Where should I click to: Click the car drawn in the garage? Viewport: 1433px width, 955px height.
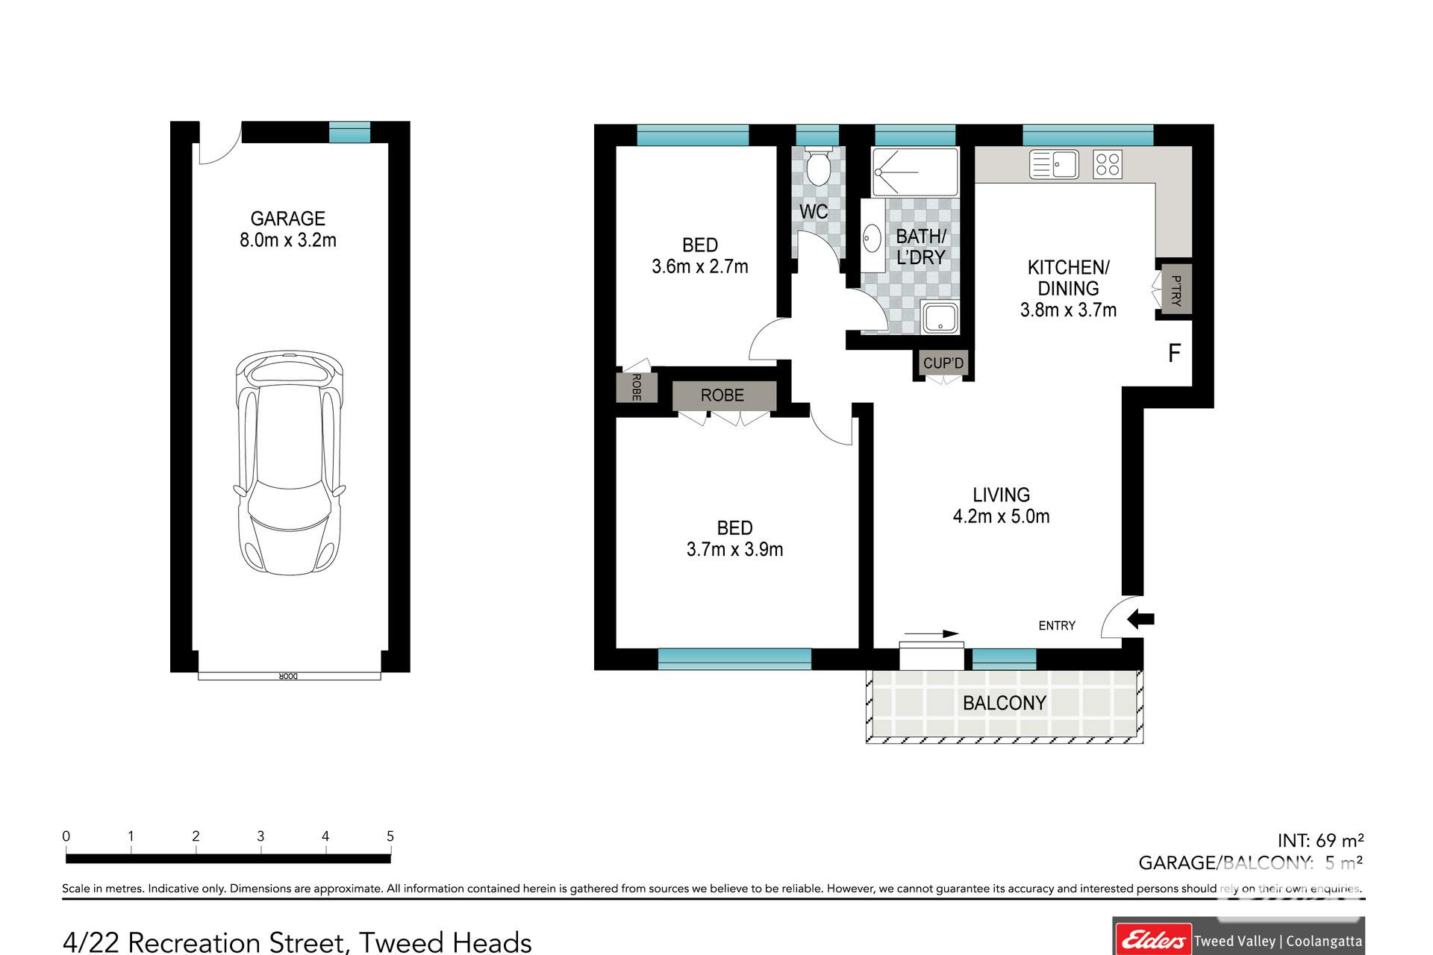point(290,463)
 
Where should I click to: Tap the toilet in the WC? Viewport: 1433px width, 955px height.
point(818,166)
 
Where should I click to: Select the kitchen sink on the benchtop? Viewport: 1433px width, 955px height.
point(1054,164)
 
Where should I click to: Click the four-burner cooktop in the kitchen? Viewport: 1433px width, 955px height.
point(1108,164)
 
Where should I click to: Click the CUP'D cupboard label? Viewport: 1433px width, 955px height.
point(943,363)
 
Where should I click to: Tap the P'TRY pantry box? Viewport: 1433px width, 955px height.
point(1175,289)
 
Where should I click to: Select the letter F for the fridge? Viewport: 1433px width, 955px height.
point(1174,353)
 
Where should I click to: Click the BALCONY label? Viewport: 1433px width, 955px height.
point(1005,703)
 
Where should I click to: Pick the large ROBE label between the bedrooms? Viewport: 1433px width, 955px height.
point(722,395)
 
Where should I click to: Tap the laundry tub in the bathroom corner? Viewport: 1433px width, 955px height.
point(940,318)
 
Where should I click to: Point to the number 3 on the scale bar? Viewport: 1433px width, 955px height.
point(260,836)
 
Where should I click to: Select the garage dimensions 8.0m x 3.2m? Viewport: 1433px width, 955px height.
point(288,240)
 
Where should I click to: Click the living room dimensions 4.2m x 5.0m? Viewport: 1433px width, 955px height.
point(1002,516)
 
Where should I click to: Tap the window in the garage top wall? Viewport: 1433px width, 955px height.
point(350,132)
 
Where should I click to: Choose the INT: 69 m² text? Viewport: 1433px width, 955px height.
point(1321,841)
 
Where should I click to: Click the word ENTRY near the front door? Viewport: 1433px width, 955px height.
point(1057,626)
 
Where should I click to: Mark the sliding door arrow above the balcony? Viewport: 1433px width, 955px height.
point(931,634)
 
